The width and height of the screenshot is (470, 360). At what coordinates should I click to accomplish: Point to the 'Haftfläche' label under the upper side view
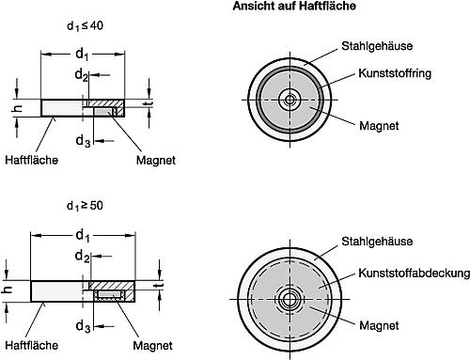pyautogui.click(x=31, y=159)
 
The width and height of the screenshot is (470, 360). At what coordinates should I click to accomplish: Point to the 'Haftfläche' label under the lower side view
pyautogui.click(x=31, y=346)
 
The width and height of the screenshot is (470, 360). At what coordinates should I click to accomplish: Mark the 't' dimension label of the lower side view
pyautogui.click(x=161, y=288)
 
